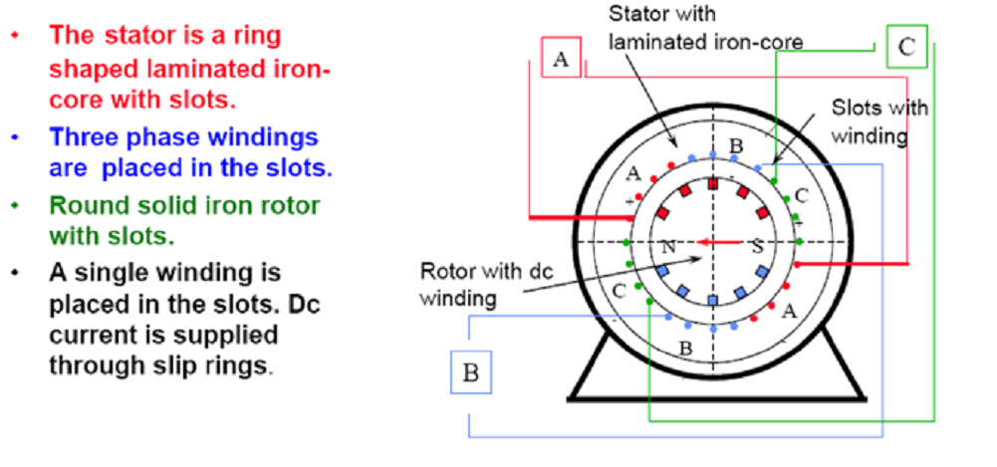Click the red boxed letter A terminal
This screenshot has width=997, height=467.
point(561,59)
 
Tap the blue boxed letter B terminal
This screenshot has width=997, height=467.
point(471,373)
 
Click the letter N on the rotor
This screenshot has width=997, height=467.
point(669,245)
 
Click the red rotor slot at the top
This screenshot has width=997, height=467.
point(712,183)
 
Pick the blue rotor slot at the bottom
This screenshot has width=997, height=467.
point(712,300)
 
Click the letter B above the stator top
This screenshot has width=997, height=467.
point(735,146)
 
